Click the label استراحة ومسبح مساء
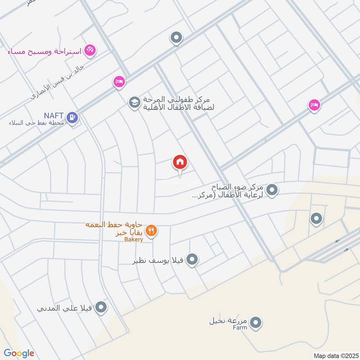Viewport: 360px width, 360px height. [x=45, y=51]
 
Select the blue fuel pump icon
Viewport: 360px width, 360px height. [x=72, y=118]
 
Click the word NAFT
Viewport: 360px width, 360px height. [x=54, y=115]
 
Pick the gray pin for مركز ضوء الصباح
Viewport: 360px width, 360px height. [x=272, y=190]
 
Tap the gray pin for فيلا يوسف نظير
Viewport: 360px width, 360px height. [x=192, y=259]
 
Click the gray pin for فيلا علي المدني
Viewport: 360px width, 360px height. [x=102, y=307]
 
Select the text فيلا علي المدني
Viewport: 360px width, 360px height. [x=65, y=309]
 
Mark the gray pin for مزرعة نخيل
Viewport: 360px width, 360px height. [x=256, y=322]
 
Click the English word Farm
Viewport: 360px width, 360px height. [x=240, y=328]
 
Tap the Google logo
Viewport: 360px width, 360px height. [x=19, y=353]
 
